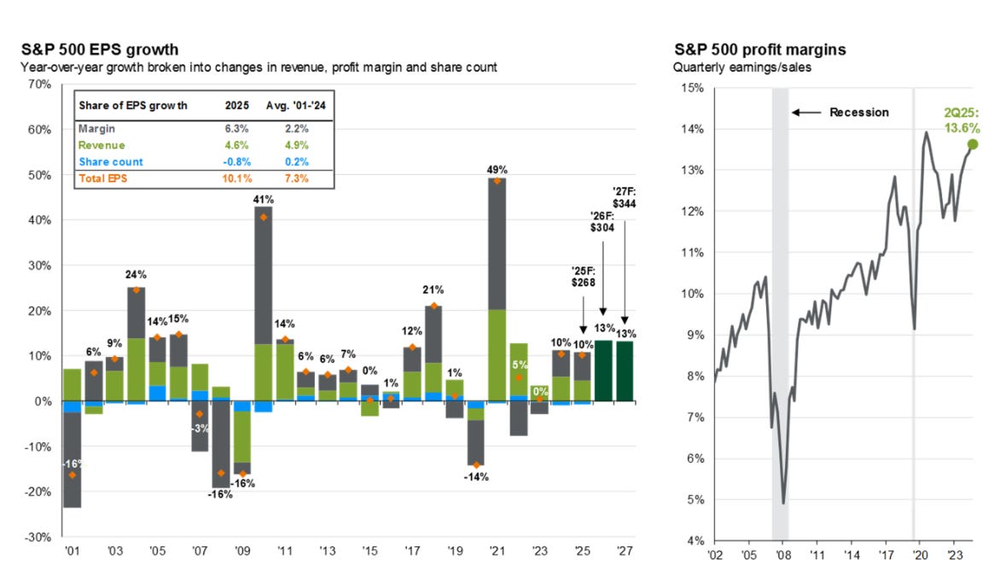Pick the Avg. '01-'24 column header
click(x=287, y=106)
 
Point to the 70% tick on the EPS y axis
click(x=40, y=85)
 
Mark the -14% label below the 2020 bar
click(x=475, y=476)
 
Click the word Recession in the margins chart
click(x=858, y=112)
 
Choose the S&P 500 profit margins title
click(x=759, y=50)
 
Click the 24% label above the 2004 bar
click(x=136, y=275)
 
